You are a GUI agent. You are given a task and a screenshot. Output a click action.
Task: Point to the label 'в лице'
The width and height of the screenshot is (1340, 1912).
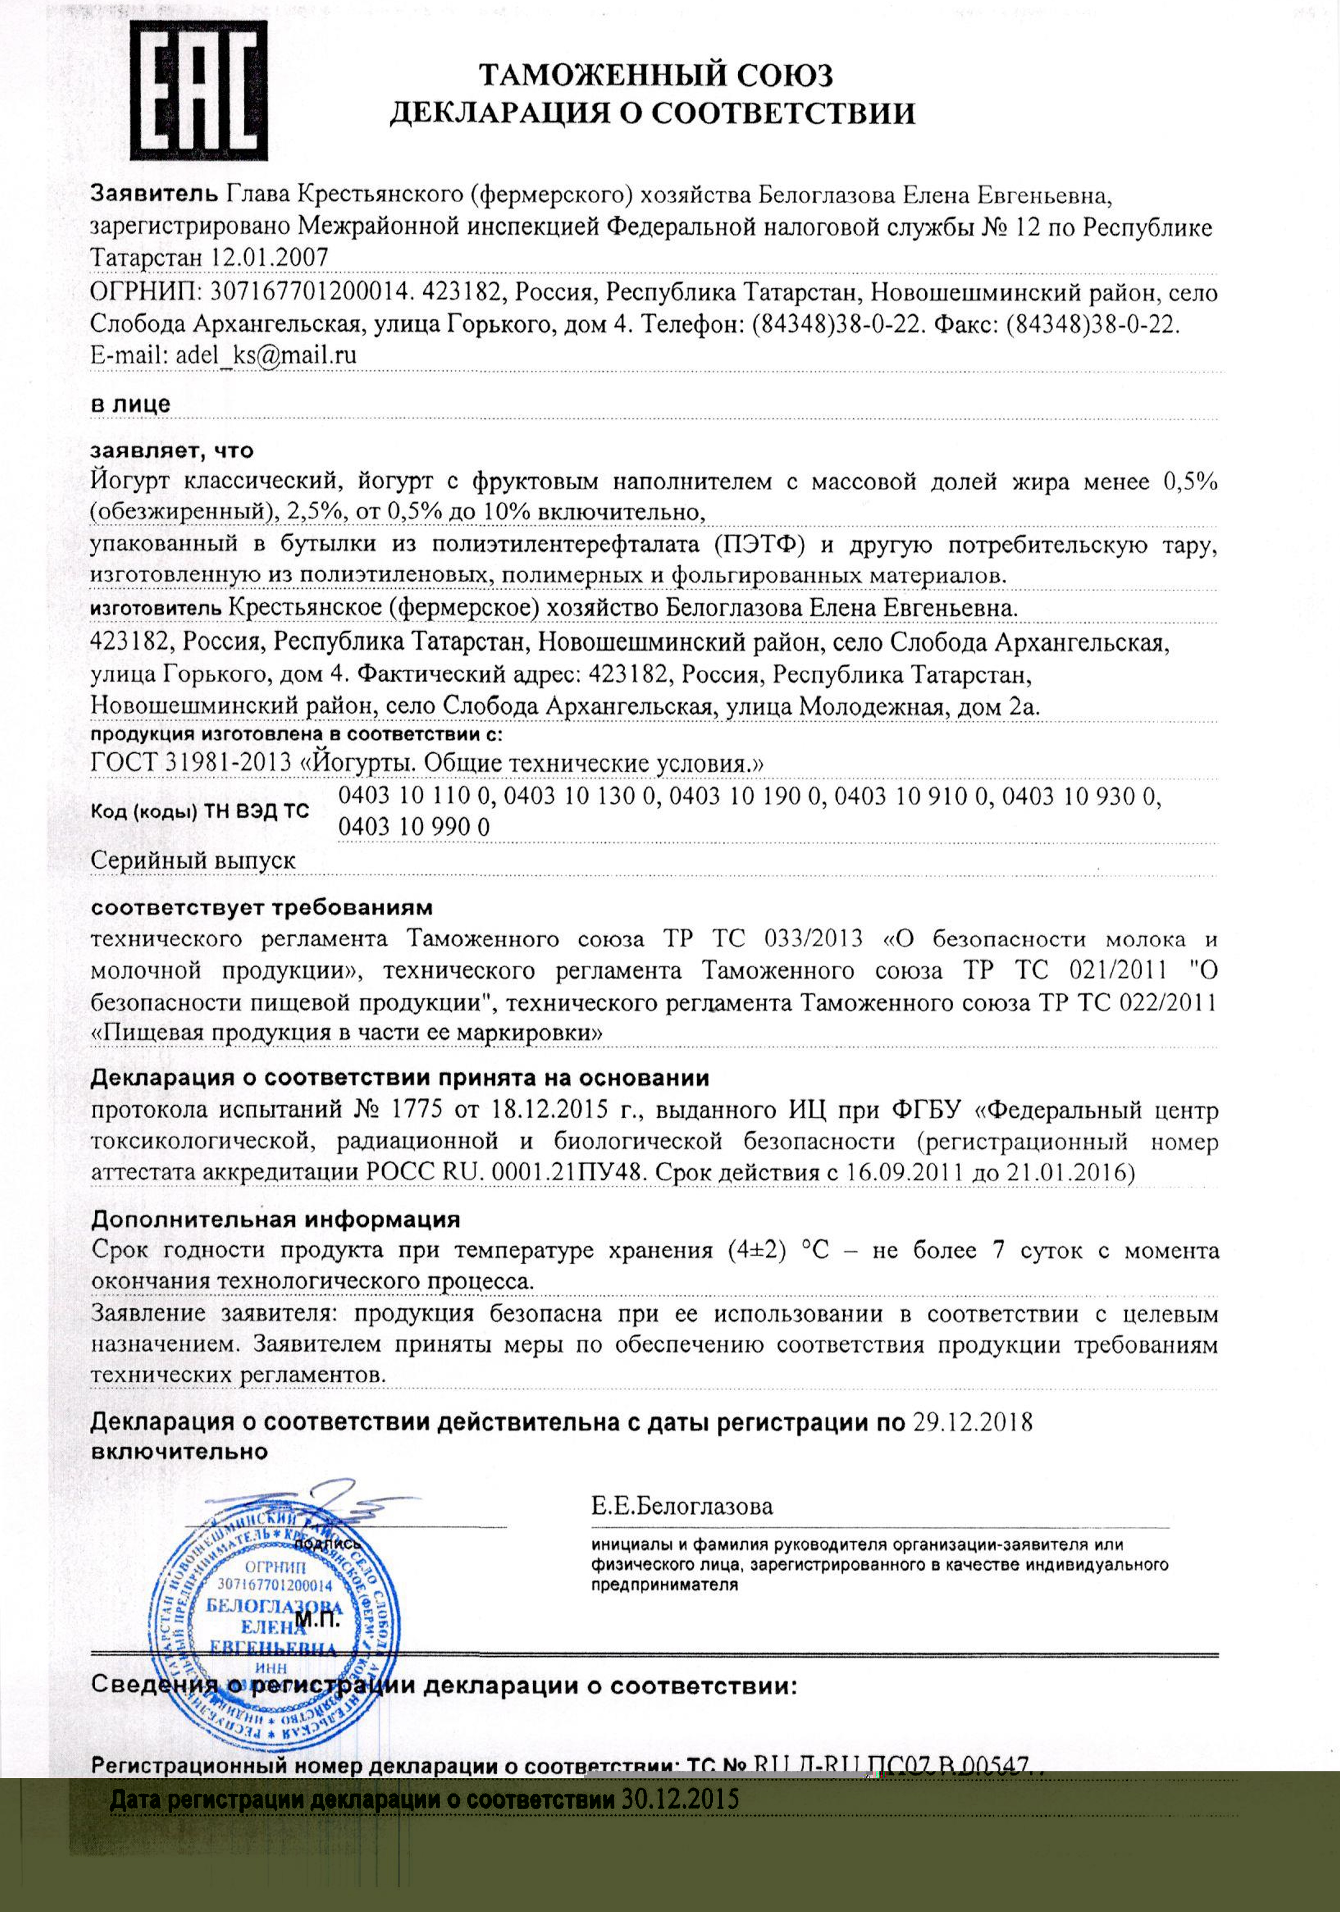point(130,405)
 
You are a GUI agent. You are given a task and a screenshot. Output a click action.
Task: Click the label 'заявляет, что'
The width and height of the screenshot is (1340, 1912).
point(171,451)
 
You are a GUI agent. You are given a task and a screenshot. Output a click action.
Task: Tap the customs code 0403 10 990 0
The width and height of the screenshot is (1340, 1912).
point(414,827)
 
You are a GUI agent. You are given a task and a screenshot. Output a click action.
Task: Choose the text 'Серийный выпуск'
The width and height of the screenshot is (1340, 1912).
point(193,860)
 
